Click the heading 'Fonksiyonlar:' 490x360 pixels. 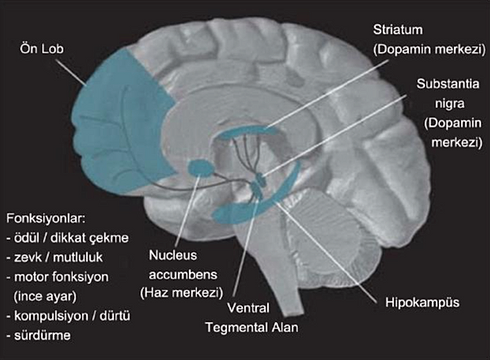coord(46,216)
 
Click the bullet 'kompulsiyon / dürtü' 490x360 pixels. coord(70,315)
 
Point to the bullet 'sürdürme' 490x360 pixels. coord(42,335)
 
